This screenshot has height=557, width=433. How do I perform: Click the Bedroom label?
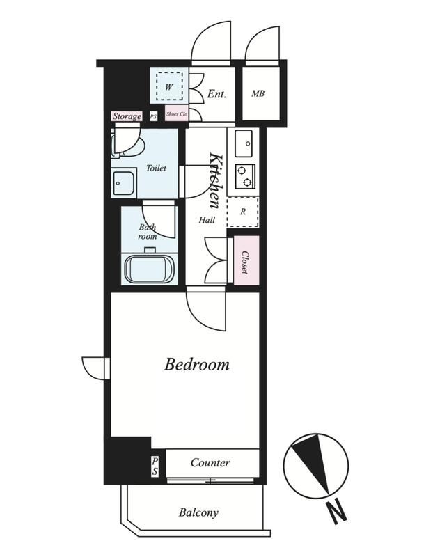click(x=196, y=364)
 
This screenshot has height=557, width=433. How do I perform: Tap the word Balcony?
click(x=198, y=512)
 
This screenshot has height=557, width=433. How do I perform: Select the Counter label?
click(x=210, y=462)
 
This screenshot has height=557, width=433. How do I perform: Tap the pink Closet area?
click(x=246, y=260)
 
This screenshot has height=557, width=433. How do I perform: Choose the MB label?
click(x=258, y=93)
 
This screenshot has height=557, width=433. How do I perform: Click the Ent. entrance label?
click(x=216, y=94)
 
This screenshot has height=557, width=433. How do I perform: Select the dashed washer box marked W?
click(x=169, y=86)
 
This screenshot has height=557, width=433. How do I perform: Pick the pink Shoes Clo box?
click(x=177, y=114)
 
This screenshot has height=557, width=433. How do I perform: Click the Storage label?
click(x=127, y=116)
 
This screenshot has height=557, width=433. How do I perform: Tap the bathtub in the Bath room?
click(x=150, y=269)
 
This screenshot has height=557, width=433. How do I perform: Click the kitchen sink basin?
click(x=244, y=143)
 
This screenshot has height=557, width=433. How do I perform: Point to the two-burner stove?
click(x=245, y=176)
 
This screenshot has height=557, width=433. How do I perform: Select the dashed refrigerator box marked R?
click(x=243, y=212)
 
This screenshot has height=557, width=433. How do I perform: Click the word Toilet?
click(x=156, y=168)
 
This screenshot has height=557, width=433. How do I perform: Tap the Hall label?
click(x=206, y=220)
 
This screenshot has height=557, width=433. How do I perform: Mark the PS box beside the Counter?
click(x=155, y=466)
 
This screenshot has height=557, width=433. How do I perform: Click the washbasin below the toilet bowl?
click(x=123, y=183)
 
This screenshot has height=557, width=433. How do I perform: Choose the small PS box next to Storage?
click(x=153, y=116)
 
